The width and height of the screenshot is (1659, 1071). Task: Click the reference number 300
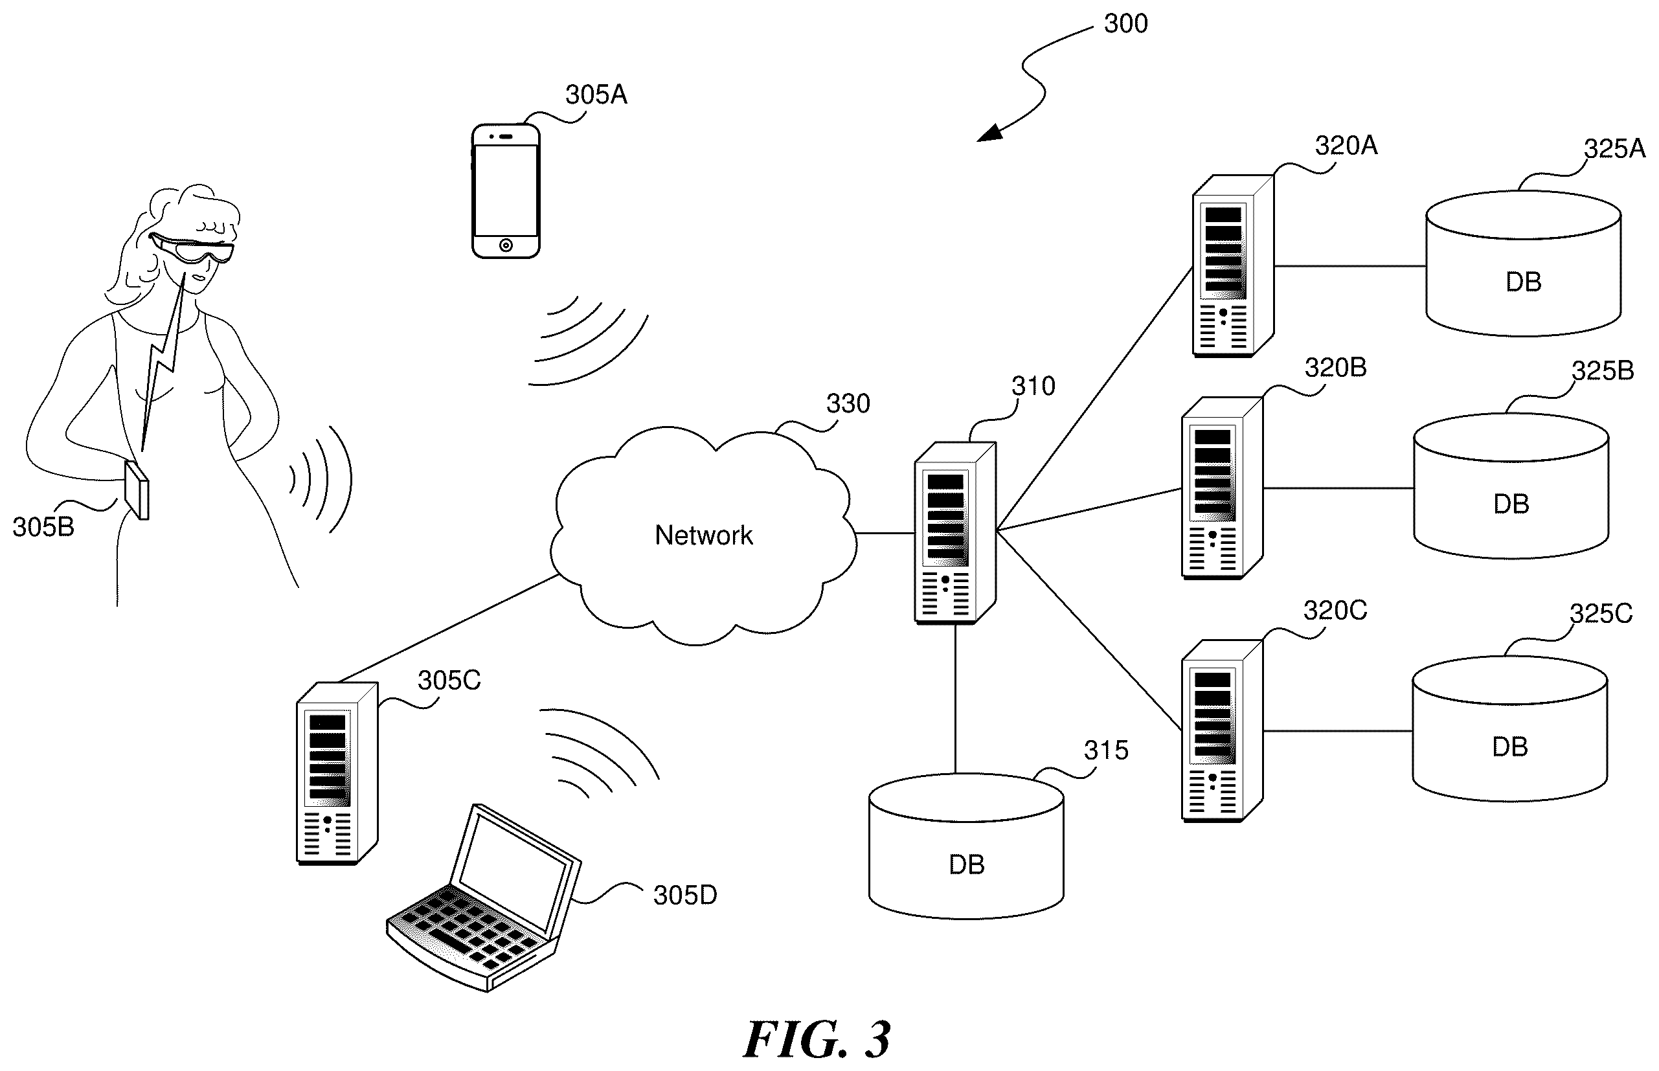click(x=1125, y=24)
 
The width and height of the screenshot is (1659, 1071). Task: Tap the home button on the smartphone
click(x=506, y=245)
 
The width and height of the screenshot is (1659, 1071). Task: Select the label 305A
click(x=596, y=95)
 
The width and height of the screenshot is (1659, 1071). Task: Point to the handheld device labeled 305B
click(x=137, y=490)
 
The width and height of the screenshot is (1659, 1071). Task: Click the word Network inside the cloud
click(x=704, y=535)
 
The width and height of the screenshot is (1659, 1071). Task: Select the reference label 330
click(x=848, y=403)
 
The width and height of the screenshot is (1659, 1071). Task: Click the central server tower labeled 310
click(x=955, y=533)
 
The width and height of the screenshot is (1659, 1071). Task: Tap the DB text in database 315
click(x=967, y=864)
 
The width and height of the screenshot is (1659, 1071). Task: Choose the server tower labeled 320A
click(x=1233, y=265)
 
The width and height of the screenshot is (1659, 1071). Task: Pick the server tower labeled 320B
click(x=1223, y=488)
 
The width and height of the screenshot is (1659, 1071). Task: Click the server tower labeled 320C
click(x=1223, y=731)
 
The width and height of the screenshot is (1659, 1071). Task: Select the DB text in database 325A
click(x=1524, y=282)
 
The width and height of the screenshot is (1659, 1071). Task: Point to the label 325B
click(x=1603, y=370)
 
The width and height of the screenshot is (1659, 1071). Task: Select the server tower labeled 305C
click(x=337, y=773)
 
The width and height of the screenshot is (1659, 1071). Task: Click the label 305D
click(x=685, y=895)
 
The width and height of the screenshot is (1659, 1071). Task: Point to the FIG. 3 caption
click(x=817, y=1040)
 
